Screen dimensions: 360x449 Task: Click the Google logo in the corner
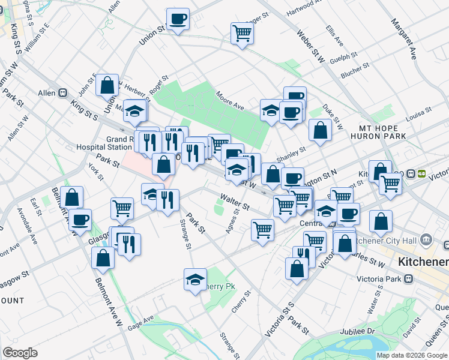20,353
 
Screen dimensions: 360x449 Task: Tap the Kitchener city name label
423,263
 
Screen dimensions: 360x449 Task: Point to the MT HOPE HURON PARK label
382,133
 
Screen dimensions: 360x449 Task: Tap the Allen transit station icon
61,93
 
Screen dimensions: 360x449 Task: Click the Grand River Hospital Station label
104,143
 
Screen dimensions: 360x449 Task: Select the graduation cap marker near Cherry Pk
195,280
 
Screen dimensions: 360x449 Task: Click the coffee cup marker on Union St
178,20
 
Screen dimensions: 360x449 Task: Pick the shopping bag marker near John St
107,86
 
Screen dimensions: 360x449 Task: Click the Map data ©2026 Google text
412,355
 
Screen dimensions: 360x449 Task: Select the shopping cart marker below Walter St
263,229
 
